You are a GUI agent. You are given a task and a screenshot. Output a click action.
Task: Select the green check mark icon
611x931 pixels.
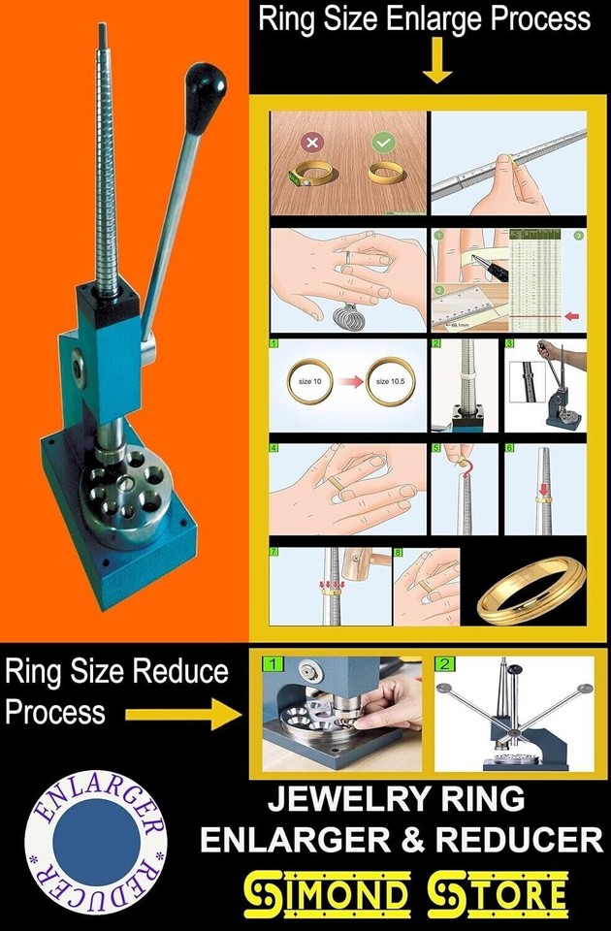coord(382,143)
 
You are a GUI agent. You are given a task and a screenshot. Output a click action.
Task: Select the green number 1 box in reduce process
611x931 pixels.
coord(273,665)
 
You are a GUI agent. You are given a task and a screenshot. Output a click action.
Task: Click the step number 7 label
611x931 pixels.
coord(274,552)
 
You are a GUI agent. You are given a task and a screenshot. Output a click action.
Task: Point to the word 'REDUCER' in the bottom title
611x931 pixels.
coord(511,839)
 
